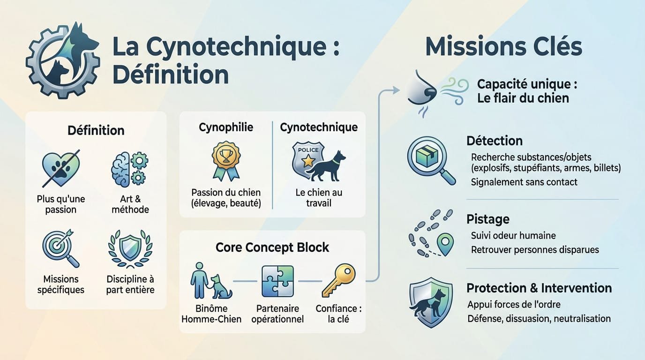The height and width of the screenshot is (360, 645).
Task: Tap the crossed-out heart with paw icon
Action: [x=61, y=166]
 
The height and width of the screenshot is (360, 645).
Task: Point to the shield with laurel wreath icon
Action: [x=130, y=247]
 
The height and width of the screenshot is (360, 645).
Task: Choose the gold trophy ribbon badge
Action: [x=225, y=161]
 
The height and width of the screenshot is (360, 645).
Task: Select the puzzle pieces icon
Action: [x=277, y=281]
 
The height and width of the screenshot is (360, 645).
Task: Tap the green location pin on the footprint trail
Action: [x=445, y=244]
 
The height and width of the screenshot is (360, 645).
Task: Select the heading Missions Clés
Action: [x=503, y=46]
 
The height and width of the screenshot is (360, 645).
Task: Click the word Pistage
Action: [x=488, y=219]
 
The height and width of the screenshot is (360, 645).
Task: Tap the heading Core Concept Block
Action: [x=272, y=247]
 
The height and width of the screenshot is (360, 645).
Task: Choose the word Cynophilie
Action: [x=226, y=127]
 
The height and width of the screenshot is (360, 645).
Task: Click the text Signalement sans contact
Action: [x=524, y=182]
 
